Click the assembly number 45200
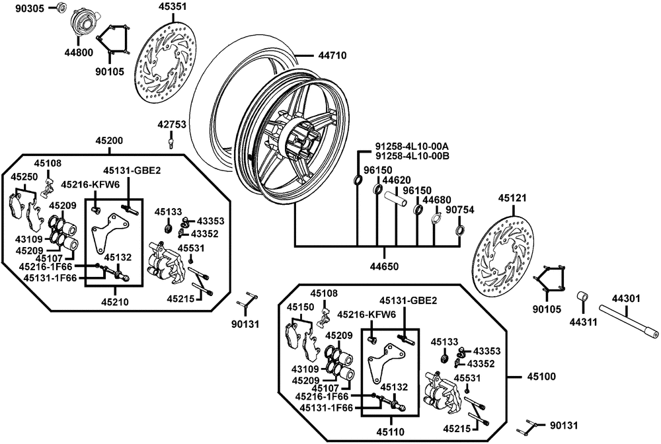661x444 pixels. (109, 141)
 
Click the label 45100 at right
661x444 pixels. (541, 377)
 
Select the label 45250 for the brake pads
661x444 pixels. (24, 178)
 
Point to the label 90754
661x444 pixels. (459, 209)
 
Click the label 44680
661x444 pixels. (437, 200)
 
